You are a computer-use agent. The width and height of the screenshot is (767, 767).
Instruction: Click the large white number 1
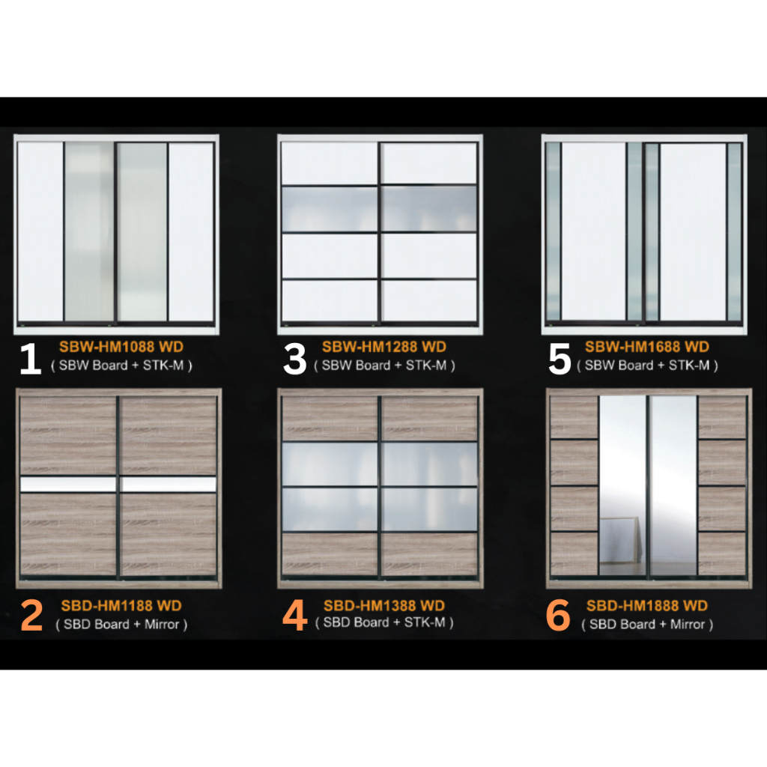tap(30, 359)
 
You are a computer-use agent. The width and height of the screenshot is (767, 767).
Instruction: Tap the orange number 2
tap(31, 616)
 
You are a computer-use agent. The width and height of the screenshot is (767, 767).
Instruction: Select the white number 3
tap(295, 359)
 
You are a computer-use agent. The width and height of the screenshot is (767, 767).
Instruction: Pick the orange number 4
tap(295, 616)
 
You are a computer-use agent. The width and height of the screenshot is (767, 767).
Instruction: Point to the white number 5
tap(560, 359)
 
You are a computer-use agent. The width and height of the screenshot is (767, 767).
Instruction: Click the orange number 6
tap(559, 616)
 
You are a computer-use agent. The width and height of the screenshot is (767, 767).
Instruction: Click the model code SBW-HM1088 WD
tap(121, 347)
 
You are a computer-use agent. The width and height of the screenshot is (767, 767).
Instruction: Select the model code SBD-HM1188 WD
tap(121, 606)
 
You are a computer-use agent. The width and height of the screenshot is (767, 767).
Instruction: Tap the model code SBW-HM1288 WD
tap(384, 347)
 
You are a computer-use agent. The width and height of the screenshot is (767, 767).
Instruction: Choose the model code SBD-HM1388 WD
tap(384, 605)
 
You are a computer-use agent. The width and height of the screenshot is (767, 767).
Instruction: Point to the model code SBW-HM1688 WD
tap(647, 347)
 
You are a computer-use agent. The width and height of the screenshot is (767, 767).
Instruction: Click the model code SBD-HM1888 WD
tap(647, 606)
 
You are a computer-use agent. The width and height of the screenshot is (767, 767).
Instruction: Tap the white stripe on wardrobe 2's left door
tap(68, 485)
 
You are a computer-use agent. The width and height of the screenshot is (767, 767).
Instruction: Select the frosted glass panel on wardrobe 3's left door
tap(330, 209)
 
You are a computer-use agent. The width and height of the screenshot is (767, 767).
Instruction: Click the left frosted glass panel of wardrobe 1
tap(89, 232)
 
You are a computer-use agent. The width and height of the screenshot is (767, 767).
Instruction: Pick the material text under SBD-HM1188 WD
tap(121, 624)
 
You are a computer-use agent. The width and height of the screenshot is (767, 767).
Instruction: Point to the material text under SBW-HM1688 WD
tap(647, 366)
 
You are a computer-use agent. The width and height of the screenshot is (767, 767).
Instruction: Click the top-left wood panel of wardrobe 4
tap(330, 418)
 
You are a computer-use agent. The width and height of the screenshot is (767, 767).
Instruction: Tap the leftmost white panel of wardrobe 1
tap(40, 232)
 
